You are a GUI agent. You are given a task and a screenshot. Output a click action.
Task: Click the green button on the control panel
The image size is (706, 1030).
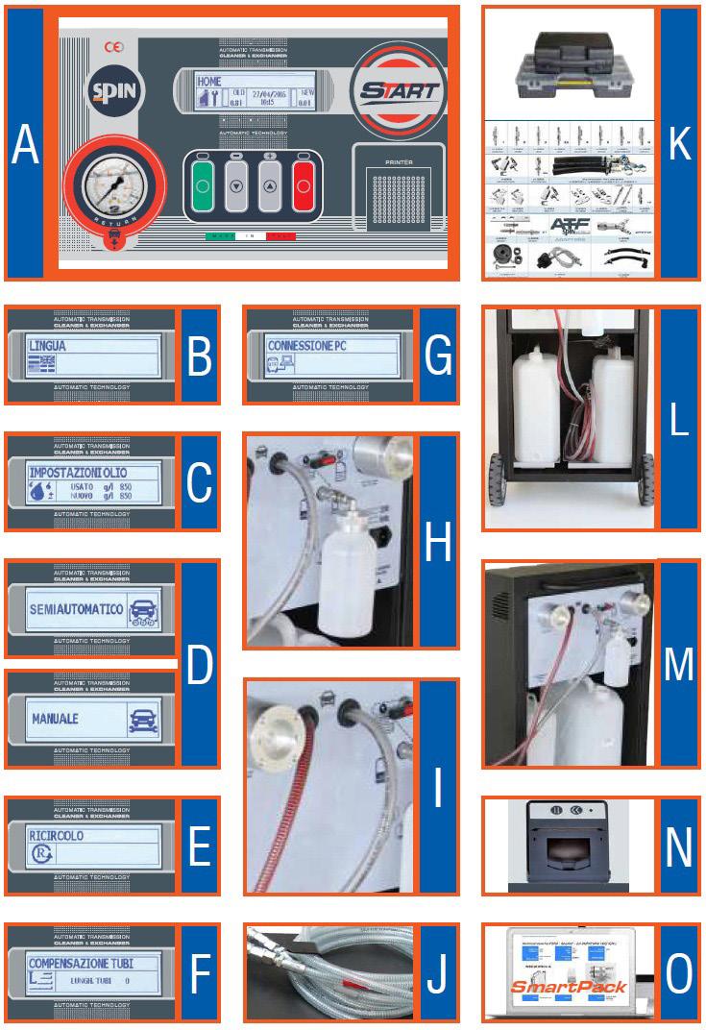coord(203,180)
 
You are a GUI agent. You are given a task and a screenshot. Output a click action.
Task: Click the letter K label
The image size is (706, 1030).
coord(678,144)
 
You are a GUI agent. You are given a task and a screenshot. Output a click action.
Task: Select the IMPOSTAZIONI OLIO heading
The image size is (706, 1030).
coord(79,473)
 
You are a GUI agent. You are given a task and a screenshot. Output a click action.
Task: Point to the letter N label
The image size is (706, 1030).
coord(678,846)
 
